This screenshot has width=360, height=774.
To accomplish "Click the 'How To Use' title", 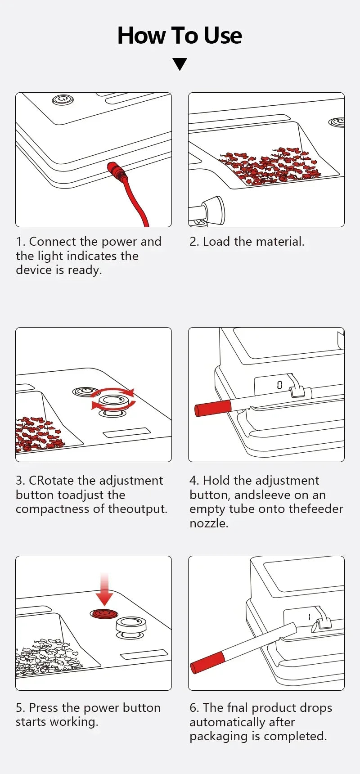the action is pyautogui.click(x=180, y=36).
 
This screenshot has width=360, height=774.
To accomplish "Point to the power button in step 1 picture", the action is pyautogui.click(x=63, y=99).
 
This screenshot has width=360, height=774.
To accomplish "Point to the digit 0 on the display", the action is pyautogui.click(x=279, y=384).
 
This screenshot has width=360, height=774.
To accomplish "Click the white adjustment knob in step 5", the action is pyautogui.click(x=130, y=625).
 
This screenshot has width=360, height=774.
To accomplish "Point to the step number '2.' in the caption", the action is pyautogui.click(x=194, y=242).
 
